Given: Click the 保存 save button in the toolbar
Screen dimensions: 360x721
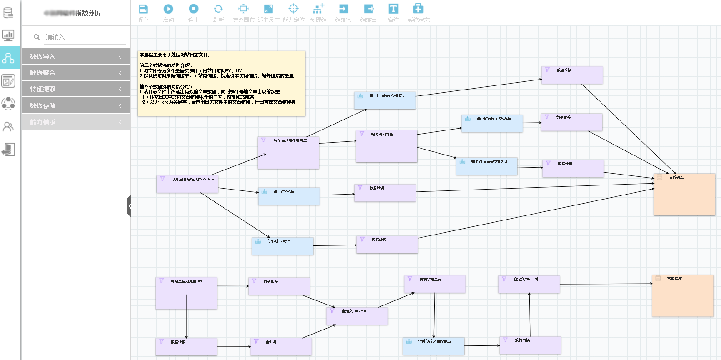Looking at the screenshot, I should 143,13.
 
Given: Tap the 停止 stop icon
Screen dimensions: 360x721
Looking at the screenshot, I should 194,13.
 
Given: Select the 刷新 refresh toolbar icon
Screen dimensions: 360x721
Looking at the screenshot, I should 218,13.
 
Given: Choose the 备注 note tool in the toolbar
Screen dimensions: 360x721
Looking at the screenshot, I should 393,13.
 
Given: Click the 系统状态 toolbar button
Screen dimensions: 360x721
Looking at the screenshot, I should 418,13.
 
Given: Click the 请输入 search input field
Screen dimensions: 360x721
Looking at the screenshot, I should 82,37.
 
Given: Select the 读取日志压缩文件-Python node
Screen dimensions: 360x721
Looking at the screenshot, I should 187,184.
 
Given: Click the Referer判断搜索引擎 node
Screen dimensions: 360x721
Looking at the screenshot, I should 288,153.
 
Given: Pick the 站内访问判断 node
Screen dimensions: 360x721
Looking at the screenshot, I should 386,146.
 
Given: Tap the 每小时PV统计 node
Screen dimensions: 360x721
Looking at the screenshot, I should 289,196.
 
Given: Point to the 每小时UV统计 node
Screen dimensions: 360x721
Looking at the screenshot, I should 282,246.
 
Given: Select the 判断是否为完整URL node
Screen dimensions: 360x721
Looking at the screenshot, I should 186,293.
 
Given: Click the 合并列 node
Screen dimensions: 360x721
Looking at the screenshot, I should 281,346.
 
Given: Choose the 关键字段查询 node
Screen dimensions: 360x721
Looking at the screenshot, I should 435,284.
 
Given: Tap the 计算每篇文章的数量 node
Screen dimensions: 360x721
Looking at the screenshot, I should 433,346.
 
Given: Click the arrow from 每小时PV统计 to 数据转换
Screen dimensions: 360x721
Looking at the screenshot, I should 337,195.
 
